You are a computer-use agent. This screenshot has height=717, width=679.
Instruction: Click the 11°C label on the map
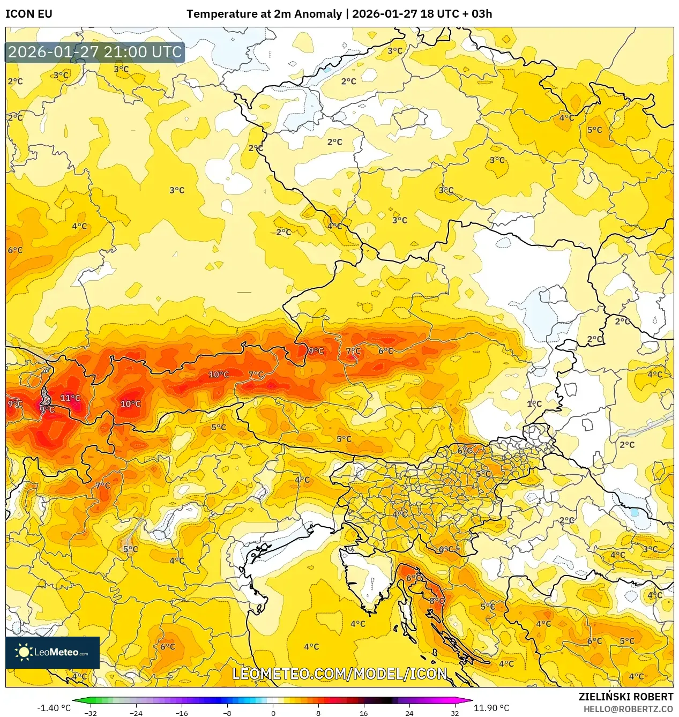point(70,398)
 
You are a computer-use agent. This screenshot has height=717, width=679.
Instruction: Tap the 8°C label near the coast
point(437,601)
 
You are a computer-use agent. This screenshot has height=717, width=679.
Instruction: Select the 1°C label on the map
point(534,404)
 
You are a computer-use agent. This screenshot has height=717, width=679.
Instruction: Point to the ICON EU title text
point(29,14)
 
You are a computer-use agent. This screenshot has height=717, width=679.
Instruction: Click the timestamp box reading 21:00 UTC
point(95,53)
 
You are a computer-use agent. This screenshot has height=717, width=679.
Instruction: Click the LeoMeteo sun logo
point(24,652)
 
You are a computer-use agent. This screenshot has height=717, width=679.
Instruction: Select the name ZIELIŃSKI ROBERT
point(625,697)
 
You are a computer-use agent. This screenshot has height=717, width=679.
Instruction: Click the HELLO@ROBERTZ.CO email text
point(628,709)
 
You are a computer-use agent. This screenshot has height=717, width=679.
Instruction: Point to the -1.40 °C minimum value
point(54,708)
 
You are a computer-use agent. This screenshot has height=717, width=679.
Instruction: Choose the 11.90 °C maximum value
point(491,708)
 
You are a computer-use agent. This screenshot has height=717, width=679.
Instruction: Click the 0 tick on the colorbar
point(273,713)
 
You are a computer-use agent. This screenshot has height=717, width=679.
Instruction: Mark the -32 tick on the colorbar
point(91,713)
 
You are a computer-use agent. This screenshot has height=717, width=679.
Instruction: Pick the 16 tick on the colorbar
point(364,713)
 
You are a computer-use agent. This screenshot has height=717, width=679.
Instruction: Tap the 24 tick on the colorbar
point(409,713)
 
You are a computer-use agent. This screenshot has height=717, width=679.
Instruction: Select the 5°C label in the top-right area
point(594,130)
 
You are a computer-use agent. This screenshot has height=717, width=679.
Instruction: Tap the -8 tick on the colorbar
point(227,713)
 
